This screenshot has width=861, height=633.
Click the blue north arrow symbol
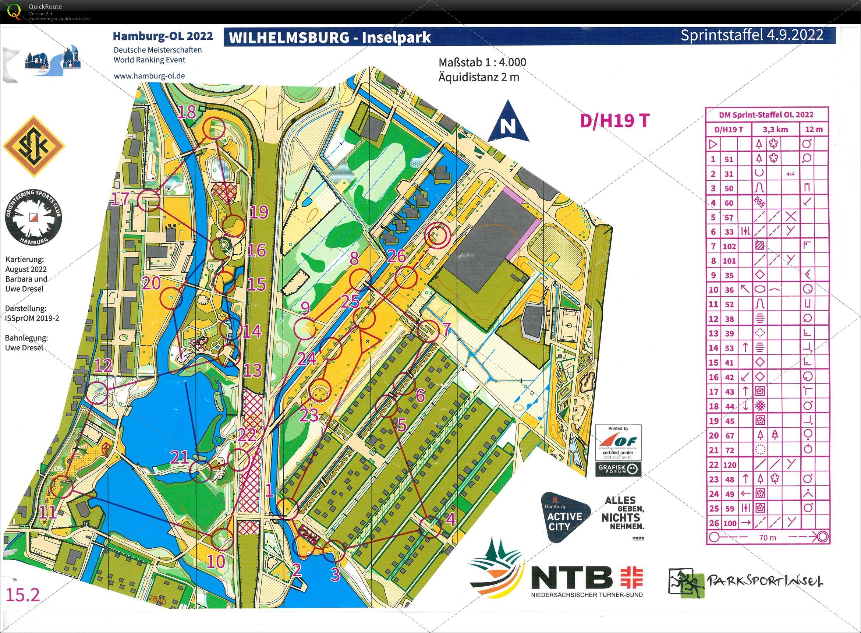(508, 122)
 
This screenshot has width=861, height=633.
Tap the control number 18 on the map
(187, 112)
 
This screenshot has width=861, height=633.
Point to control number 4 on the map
(450, 520)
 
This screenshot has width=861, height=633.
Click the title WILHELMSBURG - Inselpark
(330, 38)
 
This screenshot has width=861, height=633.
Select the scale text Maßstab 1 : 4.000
(482, 62)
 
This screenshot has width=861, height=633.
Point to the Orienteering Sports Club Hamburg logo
(34, 218)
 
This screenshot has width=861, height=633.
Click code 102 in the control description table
(730, 246)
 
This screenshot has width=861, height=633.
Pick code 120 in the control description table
(730, 465)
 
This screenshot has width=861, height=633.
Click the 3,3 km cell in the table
(775, 129)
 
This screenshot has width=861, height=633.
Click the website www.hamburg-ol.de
(149, 76)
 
